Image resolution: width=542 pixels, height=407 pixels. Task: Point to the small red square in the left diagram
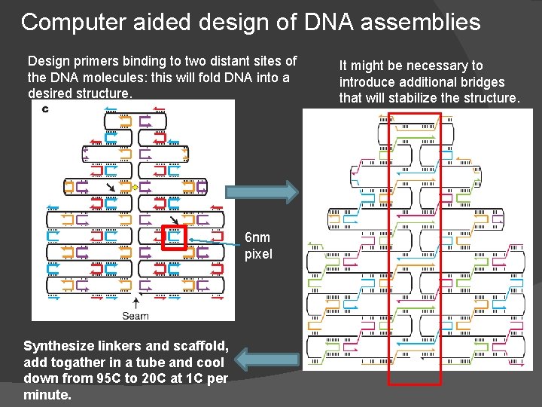(175, 237)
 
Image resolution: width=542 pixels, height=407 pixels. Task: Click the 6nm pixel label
(258, 246)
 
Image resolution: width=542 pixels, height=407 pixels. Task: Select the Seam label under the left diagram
(135, 316)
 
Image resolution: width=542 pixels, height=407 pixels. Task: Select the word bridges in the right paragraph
(481, 82)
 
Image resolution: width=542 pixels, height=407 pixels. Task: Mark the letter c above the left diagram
(45, 109)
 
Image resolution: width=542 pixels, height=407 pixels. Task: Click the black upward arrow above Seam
(135, 303)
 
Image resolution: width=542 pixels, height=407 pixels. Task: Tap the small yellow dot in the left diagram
(135, 186)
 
